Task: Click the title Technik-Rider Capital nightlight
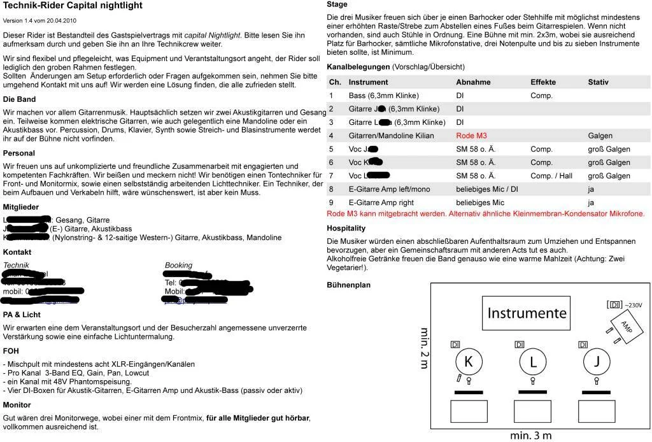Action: [73, 6]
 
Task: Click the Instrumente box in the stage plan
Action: [527, 313]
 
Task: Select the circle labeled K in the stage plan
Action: [469, 362]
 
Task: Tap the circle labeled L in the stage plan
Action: [533, 362]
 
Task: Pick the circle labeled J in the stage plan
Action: [597, 362]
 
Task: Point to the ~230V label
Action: [634, 306]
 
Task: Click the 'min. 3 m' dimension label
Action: [530, 436]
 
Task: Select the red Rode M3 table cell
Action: [471, 136]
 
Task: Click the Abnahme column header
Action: [473, 82]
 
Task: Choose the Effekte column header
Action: [543, 82]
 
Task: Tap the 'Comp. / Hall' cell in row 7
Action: [551, 176]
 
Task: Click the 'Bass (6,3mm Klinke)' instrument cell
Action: [383, 96]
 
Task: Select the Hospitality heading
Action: [346, 228]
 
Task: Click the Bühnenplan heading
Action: [348, 285]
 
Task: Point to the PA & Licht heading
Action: [22, 315]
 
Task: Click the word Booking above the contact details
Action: [178, 266]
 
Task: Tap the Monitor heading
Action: [17, 405]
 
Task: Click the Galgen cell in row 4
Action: [600, 136]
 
